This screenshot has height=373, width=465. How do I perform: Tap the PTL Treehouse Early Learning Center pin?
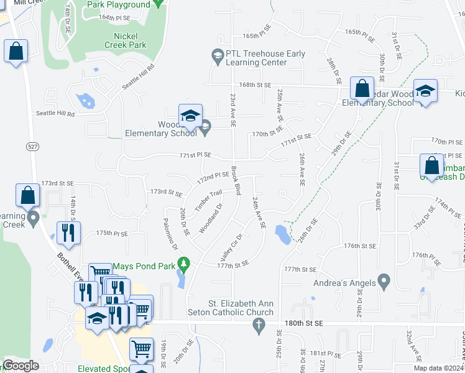point(217,58)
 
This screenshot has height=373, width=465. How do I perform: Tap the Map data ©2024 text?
point(438,368)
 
